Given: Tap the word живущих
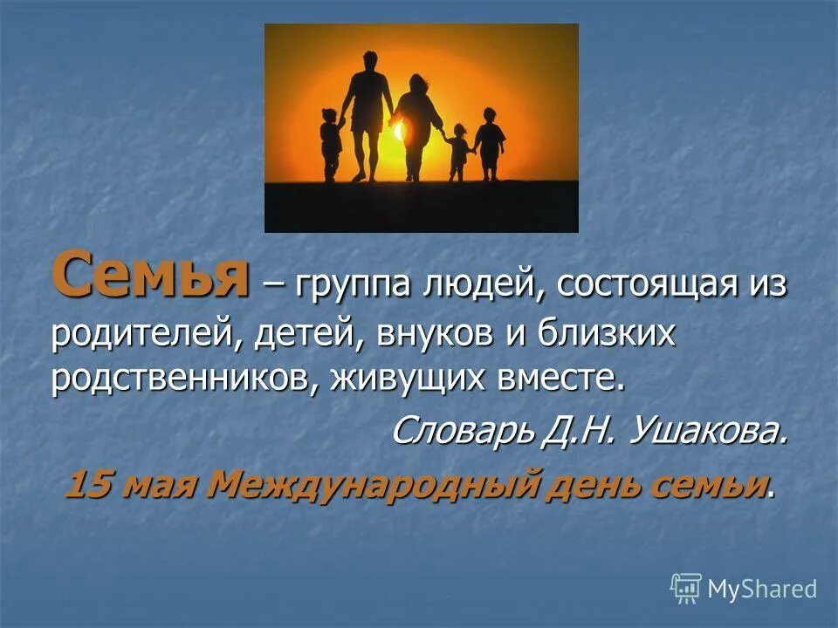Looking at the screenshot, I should coord(409,379).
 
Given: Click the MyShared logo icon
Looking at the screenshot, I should coord(686,589).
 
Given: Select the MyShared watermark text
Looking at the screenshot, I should coord(762,590).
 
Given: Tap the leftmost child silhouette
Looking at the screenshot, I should coord(330,144).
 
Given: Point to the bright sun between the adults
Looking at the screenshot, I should coord(400,131).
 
